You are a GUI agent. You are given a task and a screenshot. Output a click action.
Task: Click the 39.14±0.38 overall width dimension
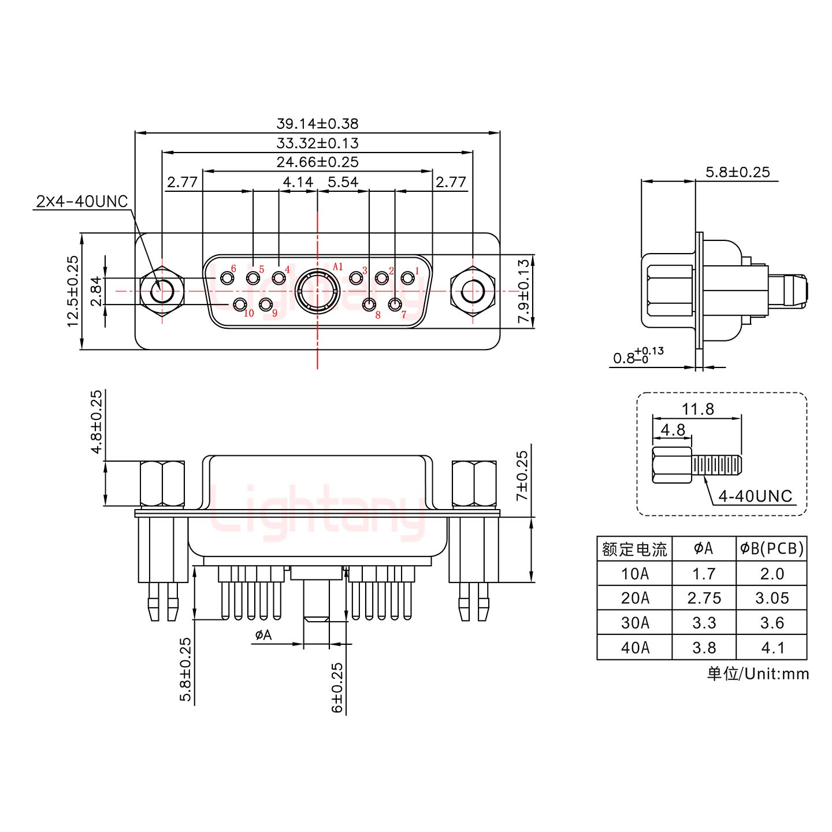(x=317, y=124)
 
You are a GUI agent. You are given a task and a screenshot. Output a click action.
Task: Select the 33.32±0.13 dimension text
(x=317, y=143)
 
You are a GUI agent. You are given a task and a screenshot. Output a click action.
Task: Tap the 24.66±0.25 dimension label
(x=317, y=162)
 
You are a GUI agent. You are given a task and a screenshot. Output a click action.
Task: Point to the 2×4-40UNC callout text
(x=81, y=202)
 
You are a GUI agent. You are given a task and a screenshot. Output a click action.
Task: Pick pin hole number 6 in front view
(x=226, y=278)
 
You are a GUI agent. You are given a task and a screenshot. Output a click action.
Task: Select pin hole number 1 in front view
(x=408, y=278)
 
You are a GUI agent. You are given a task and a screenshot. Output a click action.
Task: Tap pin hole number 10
(x=239, y=304)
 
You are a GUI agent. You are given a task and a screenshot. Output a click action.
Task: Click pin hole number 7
(x=395, y=304)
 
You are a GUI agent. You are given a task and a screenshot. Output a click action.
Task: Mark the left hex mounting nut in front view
(x=162, y=291)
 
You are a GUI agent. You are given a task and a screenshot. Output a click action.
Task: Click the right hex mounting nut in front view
(x=473, y=291)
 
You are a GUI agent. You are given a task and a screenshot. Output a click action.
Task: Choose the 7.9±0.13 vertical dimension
(x=523, y=292)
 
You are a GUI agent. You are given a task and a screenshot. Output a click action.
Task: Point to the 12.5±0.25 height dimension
(x=73, y=291)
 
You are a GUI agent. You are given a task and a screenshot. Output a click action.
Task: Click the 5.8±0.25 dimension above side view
(x=737, y=172)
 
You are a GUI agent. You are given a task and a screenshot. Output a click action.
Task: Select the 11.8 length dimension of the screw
(x=697, y=410)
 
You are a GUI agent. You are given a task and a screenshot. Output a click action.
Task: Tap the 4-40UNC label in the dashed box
(x=755, y=496)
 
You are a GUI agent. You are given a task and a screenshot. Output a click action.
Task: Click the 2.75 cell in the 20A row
(x=704, y=599)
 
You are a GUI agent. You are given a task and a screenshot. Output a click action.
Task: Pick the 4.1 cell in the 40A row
(x=772, y=648)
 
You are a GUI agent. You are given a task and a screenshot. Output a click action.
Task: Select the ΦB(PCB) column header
(x=772, y=548)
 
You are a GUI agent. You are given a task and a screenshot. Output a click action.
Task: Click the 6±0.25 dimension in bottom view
(x=337, y=687)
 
